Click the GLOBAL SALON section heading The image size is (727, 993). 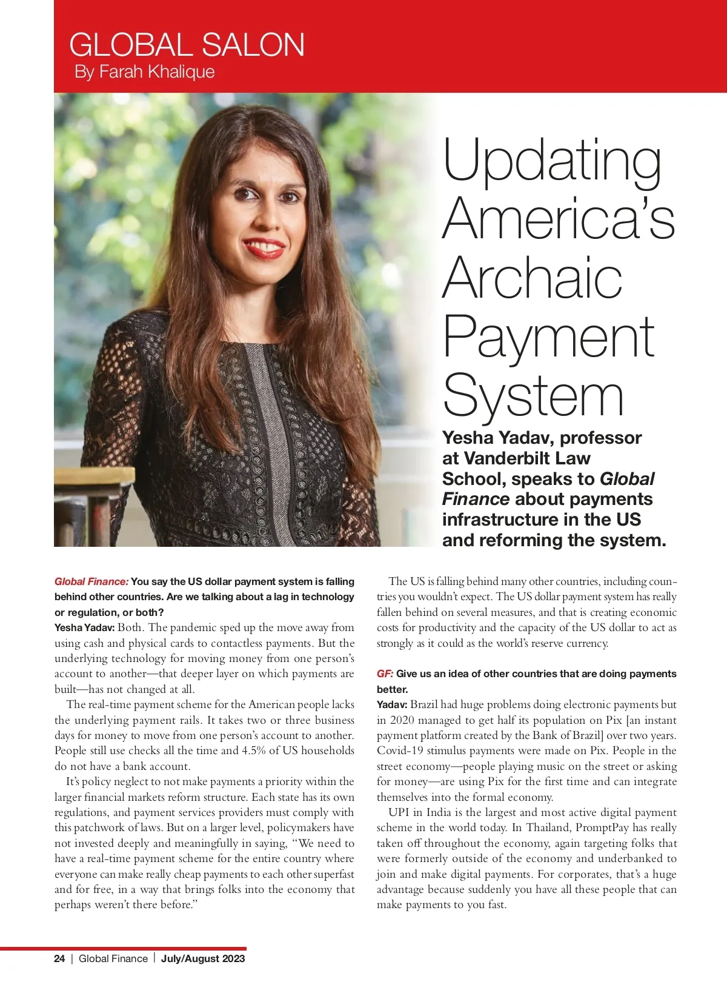coord(187,45)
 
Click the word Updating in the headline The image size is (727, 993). coord(553,161)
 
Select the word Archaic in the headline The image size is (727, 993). coord(533,278)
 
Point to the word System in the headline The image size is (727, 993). coord(533,396)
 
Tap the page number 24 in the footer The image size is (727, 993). coord(59,958)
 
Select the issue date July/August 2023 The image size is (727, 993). coord(203,958)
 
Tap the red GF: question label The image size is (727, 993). coord(385,674)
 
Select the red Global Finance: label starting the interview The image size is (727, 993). coord(91,581)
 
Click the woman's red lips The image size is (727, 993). coord(264,247)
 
